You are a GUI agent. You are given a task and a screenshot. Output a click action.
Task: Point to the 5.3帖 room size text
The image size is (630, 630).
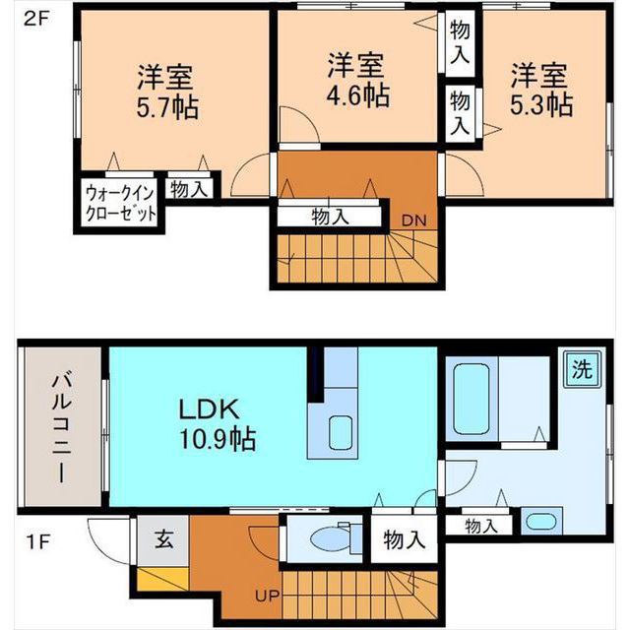[x=540, y=103]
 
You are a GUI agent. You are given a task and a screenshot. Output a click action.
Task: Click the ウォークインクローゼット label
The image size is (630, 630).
[x=120, y=202]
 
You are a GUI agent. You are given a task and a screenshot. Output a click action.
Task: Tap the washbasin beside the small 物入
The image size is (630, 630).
[x=538, y=522]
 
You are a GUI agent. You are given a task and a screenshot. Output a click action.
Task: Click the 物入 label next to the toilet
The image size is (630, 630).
[x=405, y=539]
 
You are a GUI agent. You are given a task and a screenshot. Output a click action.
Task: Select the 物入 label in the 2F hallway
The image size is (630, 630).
[x=330, y=216]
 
